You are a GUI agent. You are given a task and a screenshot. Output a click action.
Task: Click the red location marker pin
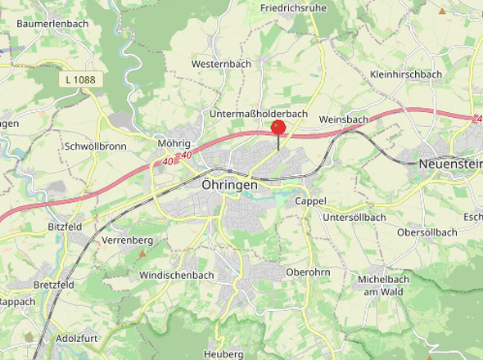pos(278,128)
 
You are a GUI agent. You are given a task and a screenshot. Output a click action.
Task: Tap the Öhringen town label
pos(229,186)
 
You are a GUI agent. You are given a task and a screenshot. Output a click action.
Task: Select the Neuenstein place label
pos(449,164)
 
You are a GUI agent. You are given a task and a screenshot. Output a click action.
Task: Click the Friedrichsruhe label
pos(293,8)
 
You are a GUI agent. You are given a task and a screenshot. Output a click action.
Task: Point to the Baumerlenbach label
pos(52,24)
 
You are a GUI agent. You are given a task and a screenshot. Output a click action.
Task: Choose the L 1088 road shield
pos(77,79)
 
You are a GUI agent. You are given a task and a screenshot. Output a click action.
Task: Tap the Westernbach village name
pos(221,63)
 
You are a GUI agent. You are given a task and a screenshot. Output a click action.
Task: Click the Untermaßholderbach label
pos(258,113)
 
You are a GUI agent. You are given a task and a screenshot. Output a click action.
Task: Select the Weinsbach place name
pos(344,119)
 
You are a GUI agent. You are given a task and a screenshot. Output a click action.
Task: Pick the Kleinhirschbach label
pos(406,74)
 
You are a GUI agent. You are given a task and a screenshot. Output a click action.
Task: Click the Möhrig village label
pos(174,143)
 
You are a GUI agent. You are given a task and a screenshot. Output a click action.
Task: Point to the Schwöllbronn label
pos(95,146)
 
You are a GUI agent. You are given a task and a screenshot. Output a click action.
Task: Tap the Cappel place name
pos(310,200)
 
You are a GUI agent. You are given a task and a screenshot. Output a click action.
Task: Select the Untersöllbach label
pos(354,217)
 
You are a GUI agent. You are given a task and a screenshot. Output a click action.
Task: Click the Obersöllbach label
pos(426,232)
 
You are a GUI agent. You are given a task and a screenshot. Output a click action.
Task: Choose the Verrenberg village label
pos(128,241)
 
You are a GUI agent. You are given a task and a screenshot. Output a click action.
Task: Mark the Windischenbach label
pos(177,276)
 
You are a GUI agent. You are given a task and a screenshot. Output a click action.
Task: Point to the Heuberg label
pos(223,354)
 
